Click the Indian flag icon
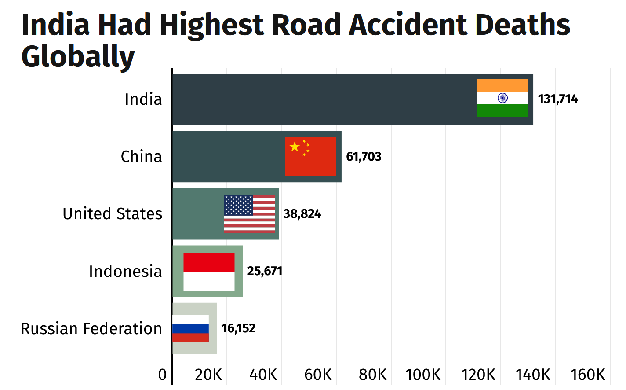pos(502,98)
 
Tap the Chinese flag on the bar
pos(310,156)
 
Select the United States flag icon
pos(249,214)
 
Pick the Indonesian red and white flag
pos(209,272)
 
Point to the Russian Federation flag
pos(190,329)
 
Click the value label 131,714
pos(557,99)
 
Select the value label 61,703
pos(364,157)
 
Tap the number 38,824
pos(302,214)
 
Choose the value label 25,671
pos(264,271)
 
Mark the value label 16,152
pos(238,328)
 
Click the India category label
pos(143,99)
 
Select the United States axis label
pos(113,214)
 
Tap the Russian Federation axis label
pos(91,329)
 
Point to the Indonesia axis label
pos(125,272)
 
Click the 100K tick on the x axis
pos(423,375)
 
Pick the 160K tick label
pos(587,375)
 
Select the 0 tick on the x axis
pos(163,375)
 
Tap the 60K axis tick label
pos(318,375)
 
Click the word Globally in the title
pos(78,56)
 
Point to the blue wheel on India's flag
pos(502,98)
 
